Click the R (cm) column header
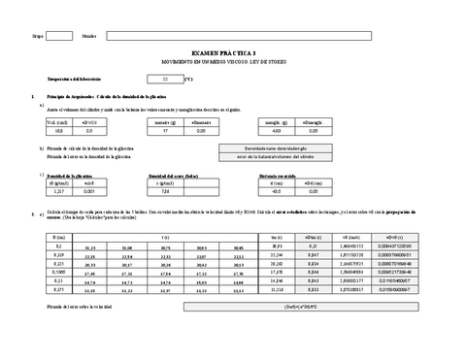point(58,237)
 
